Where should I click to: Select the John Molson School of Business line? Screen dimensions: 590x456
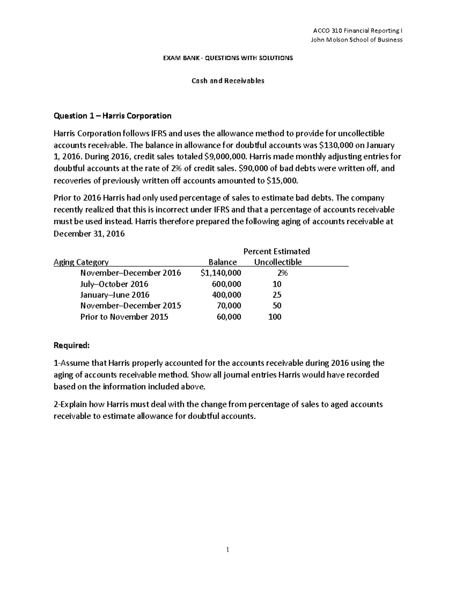(x=357, y=40)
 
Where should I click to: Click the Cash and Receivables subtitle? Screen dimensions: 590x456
(x=228, y=81)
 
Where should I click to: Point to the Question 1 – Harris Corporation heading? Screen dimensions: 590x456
(x=112, y=115)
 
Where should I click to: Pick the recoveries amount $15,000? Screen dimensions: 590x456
(x=283, y=180)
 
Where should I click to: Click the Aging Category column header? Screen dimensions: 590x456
(x=81, y=262)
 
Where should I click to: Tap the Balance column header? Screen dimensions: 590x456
(x=223, y=262)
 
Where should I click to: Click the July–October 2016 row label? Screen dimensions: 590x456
(x=114, y=284)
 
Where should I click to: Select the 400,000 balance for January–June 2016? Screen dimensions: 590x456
(x=226, y=295)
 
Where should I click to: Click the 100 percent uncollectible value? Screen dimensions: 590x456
(x=275, y=317)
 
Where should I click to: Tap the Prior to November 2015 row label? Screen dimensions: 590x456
(x=124, y=317)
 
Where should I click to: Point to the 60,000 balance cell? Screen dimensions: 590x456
(x=229, y=317)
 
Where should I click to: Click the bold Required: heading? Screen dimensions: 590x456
(x=72, y=345)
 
